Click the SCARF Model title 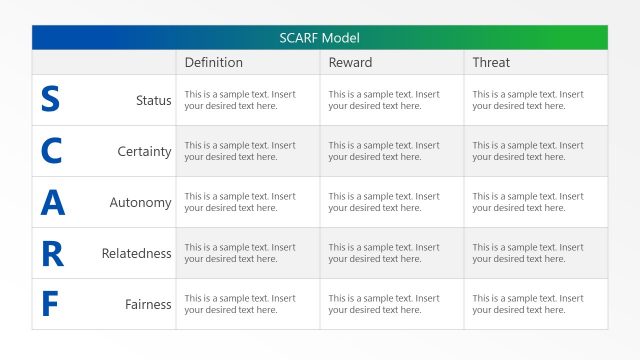320,38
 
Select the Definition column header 213,62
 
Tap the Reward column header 350,62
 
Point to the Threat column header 491,62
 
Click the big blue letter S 50,100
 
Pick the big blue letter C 51,151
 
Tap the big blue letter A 52,203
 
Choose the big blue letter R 52,254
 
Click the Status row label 153,100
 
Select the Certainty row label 144,152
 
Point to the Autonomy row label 140,203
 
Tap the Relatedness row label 136,254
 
